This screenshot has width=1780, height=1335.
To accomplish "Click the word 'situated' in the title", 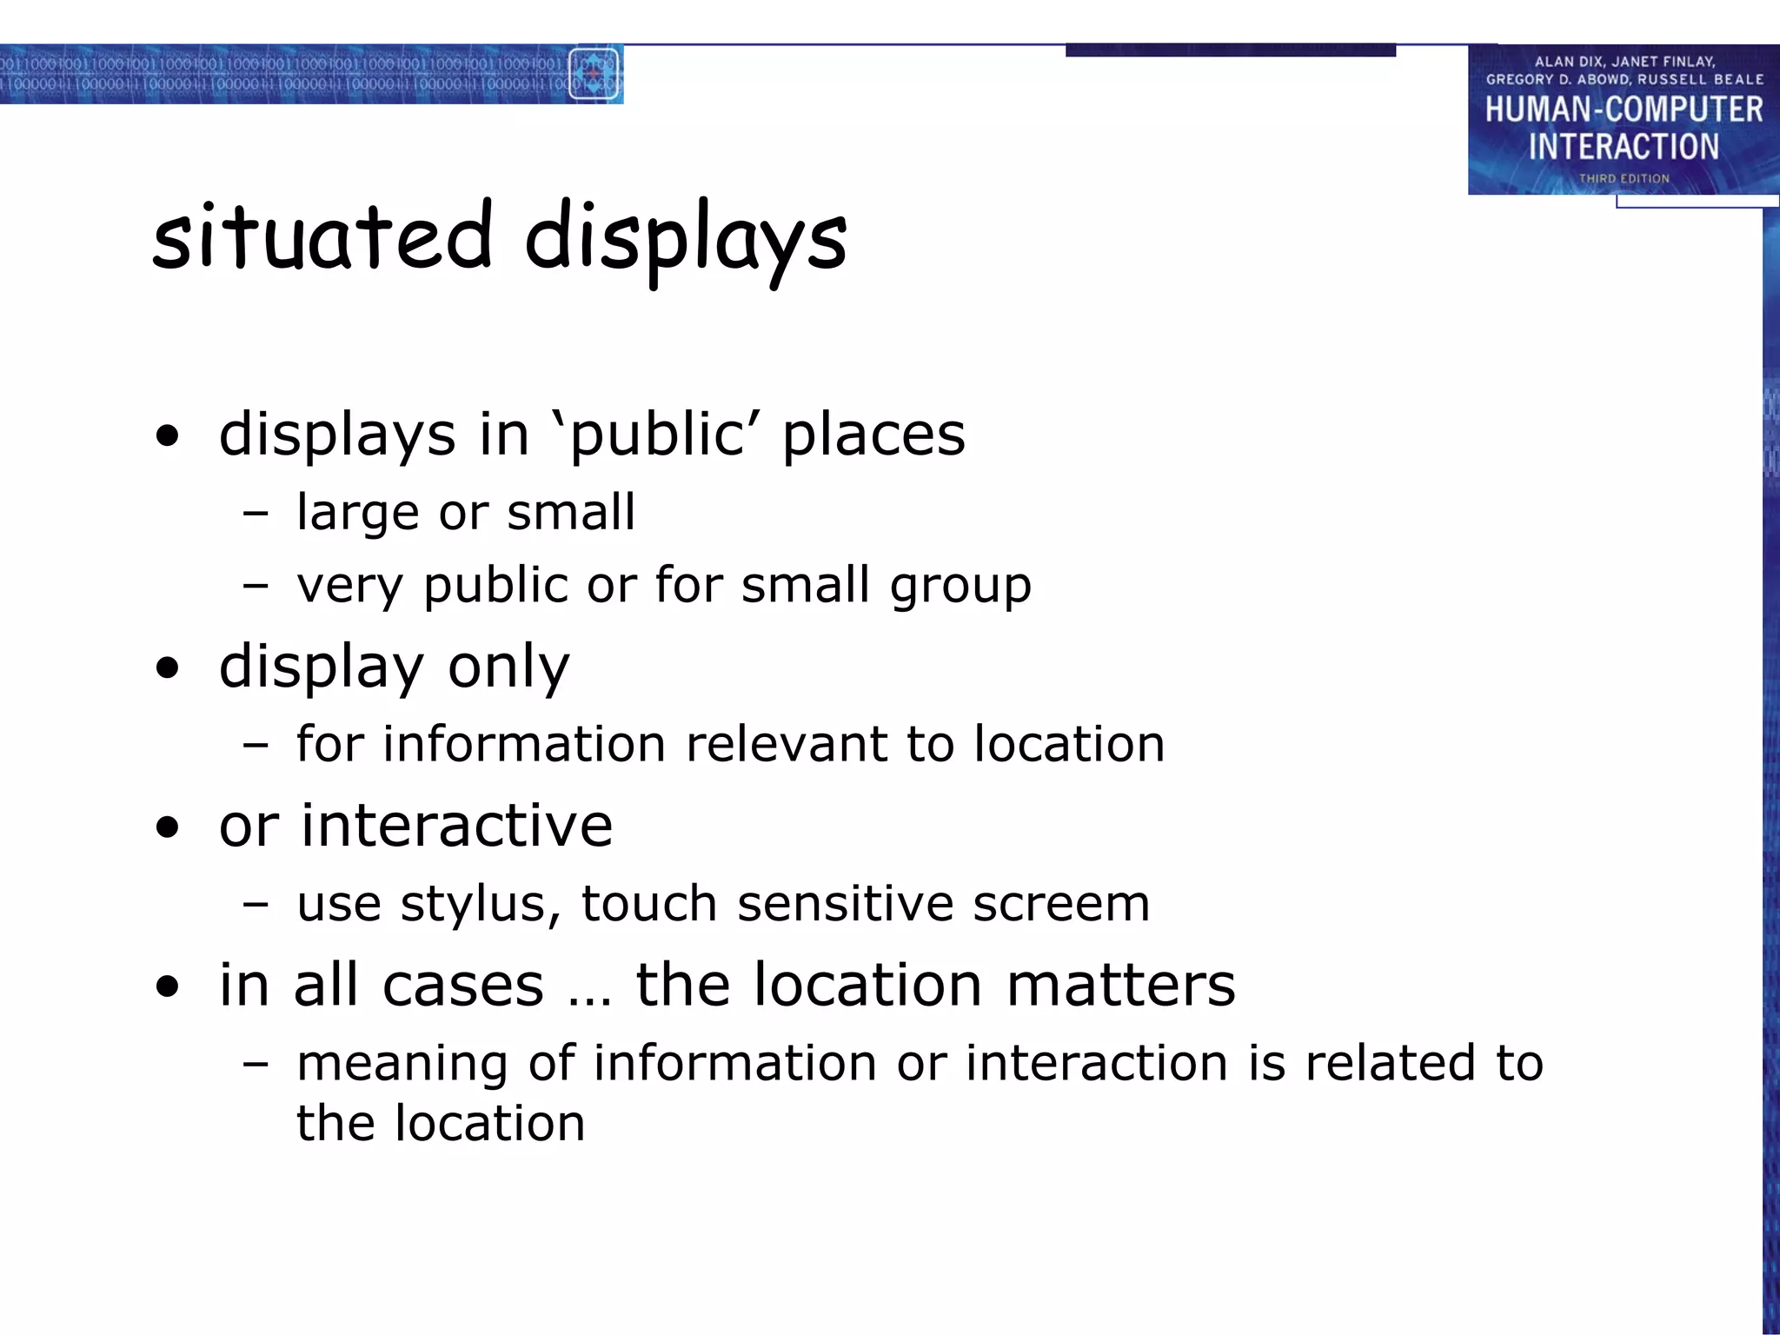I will (322, 236).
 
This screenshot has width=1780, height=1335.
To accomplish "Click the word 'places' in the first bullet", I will (873, 435).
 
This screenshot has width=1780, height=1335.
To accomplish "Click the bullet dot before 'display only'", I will (168, 667).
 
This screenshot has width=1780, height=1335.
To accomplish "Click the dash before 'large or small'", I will (256, 514).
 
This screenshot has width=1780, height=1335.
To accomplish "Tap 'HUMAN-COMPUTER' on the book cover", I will (1624, 110).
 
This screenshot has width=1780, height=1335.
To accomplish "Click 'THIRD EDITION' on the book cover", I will (1624, 178).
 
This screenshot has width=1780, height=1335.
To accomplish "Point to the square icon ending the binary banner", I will (594, 75).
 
